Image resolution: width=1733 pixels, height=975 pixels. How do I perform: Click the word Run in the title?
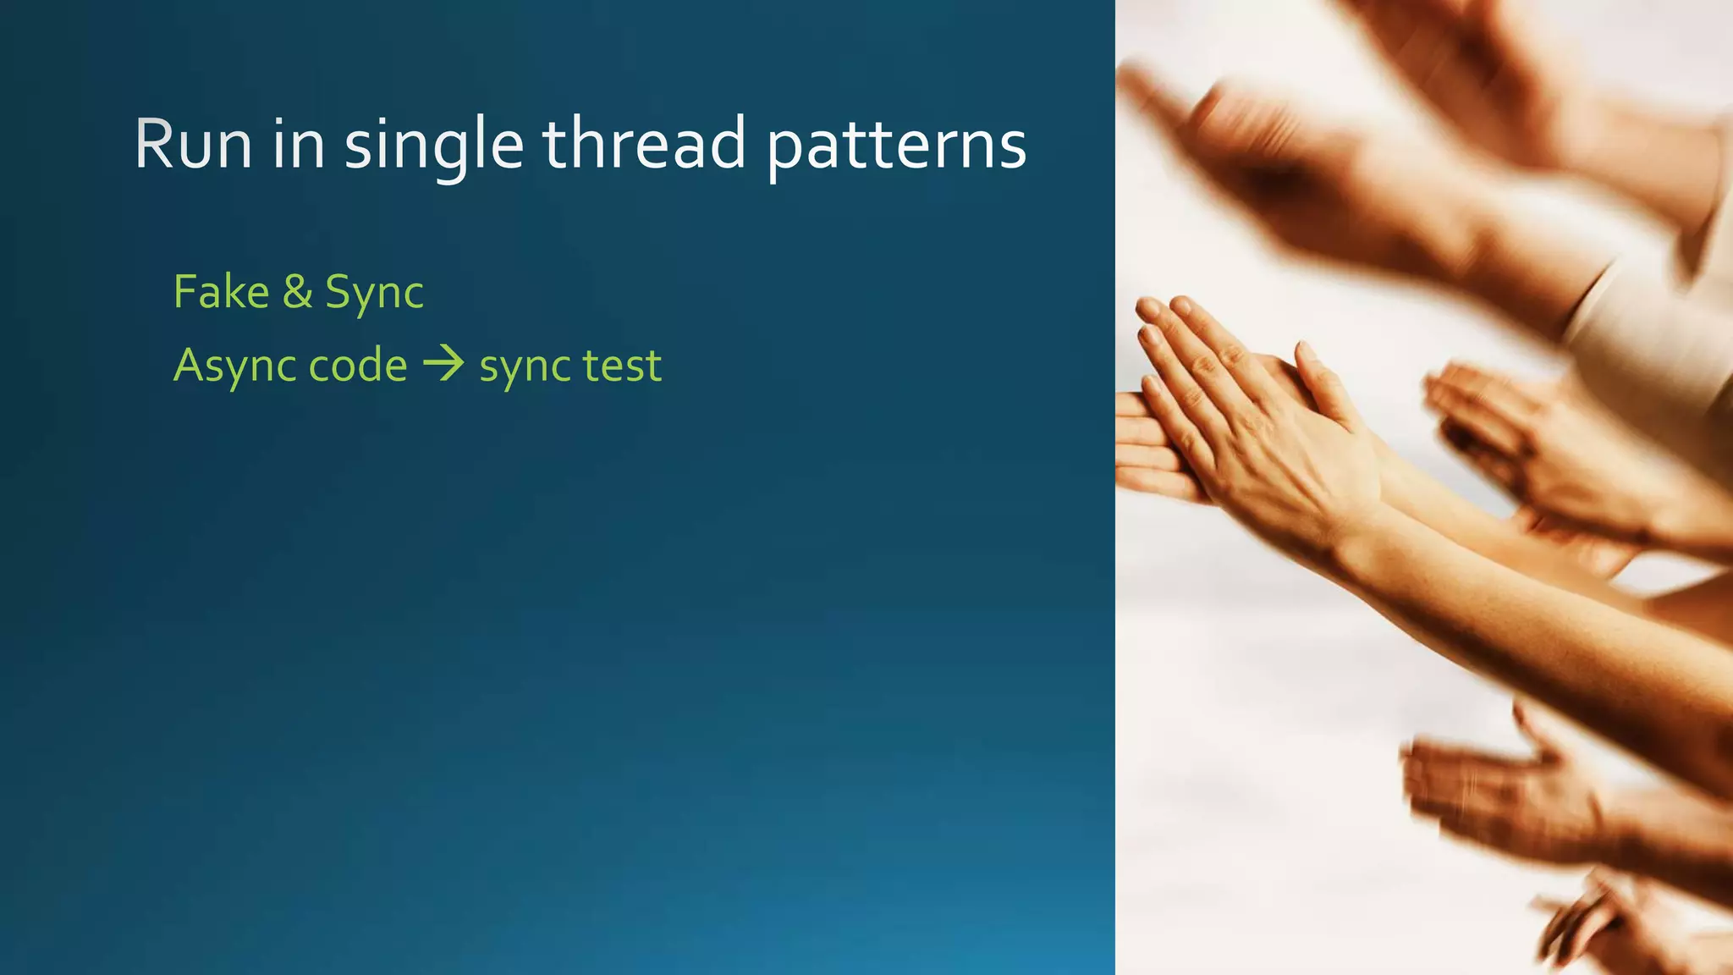pyautogui.click(x=193, y=144)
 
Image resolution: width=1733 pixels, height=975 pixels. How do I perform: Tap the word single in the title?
pyautogui.click(x=433, y=146)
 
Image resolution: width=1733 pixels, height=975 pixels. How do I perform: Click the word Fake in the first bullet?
pyautogui.click(x=221, y=292)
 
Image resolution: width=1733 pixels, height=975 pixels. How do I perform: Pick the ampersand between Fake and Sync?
pyautogui.click(x=297, y=293)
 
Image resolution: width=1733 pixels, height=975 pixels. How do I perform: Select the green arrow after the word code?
pyautogui.click(x=443, y=364)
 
